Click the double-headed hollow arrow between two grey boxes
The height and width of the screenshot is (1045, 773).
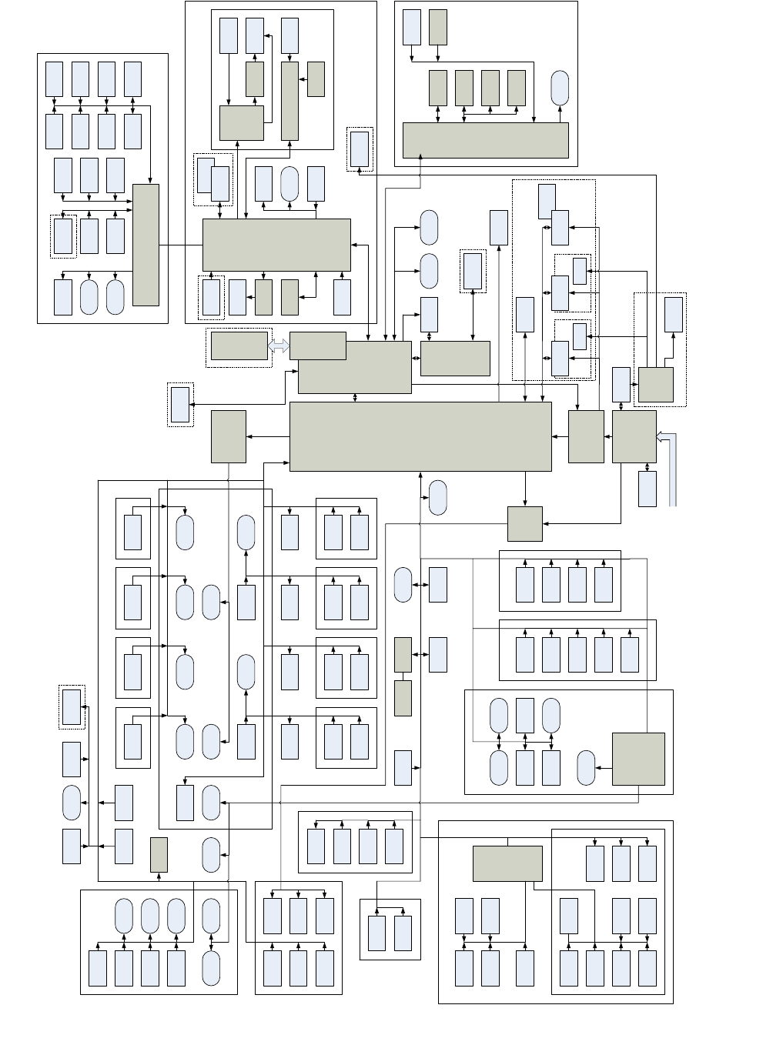(279, 347)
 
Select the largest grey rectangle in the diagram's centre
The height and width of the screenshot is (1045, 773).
(420, 436)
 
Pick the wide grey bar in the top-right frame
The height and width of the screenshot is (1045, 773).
(486, 140)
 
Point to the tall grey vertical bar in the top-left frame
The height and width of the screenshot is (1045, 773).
(146, 245)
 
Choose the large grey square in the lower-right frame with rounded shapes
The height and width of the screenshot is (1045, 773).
(638, 759)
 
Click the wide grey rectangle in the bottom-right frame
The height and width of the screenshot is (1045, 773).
(507, 863)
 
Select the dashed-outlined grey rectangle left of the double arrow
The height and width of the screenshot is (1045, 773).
(239, 346)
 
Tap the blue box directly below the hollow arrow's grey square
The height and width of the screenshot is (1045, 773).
(648, 489)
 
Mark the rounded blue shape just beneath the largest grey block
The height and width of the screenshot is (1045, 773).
(437, 497)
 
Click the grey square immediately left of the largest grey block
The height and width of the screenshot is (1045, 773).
(229, 436)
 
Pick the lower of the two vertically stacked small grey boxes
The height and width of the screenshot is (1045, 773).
(403, 698)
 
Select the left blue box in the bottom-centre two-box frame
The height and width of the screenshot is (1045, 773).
(376, 933)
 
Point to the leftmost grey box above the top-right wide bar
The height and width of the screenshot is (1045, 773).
(438, 88)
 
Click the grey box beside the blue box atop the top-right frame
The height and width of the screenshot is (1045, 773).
(438, 27)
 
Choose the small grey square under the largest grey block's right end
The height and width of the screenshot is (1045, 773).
(525, 524)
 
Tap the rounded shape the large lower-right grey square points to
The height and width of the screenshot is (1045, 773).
(587, 767)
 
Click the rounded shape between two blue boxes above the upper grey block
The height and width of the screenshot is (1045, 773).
(289, 184)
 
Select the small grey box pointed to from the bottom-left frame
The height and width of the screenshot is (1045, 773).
(159, 854)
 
